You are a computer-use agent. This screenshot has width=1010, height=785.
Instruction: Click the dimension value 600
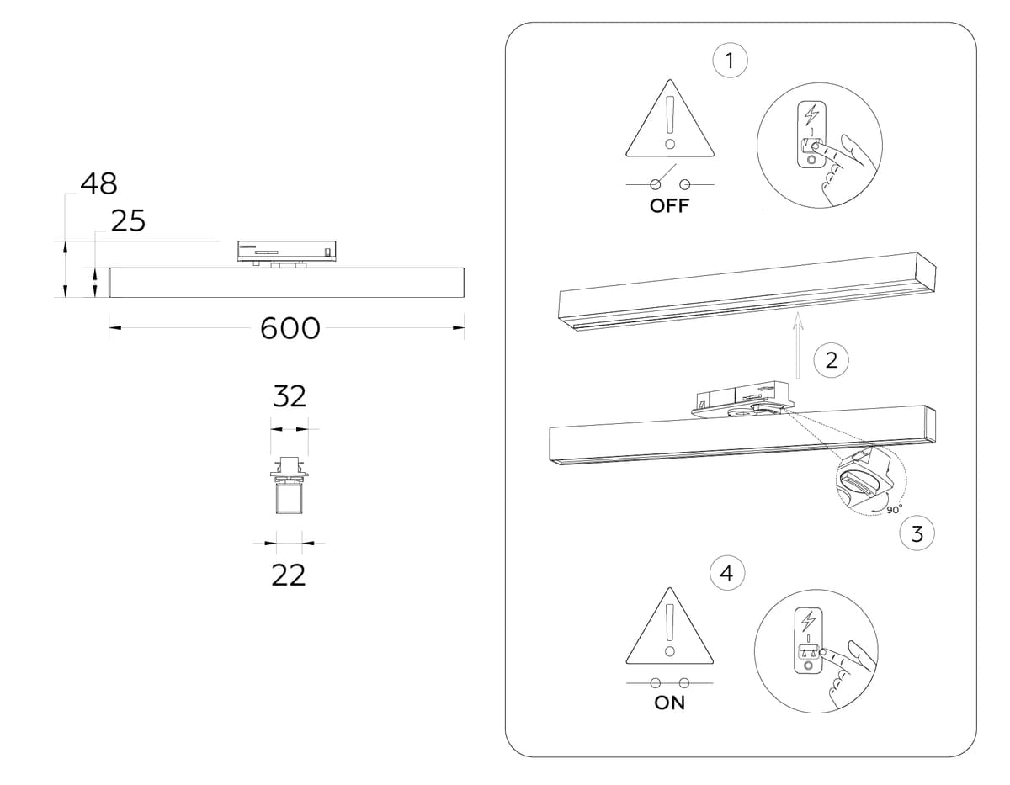coord(290,328)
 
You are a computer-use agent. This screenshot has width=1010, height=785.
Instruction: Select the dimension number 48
coord(98,183)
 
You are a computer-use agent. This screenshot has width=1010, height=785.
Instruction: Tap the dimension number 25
coord(128,221)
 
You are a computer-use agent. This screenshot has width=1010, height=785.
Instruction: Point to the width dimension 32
coord(289,396)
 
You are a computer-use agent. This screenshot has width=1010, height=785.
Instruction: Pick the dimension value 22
coord(288,575)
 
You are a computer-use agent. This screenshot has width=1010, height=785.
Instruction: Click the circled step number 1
coord(730,61)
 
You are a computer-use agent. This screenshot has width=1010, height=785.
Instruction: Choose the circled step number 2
coord(831,361)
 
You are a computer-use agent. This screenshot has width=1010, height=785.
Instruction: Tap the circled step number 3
coord(917,533)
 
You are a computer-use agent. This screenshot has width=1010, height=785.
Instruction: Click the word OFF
coord(669,206)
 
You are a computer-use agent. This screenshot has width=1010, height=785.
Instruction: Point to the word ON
coord(670,703)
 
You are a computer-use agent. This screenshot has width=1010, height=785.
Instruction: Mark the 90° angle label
coord(893,508)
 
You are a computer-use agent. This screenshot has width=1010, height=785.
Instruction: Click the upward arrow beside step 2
coord(799,346)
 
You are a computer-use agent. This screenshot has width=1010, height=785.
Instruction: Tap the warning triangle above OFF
coord(669,122)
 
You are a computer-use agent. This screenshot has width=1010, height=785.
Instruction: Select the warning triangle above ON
coord(669,626)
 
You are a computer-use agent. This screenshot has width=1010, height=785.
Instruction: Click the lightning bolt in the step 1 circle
coord(812,114)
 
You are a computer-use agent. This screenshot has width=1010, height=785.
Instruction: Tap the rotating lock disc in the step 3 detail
coord(858,485)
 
